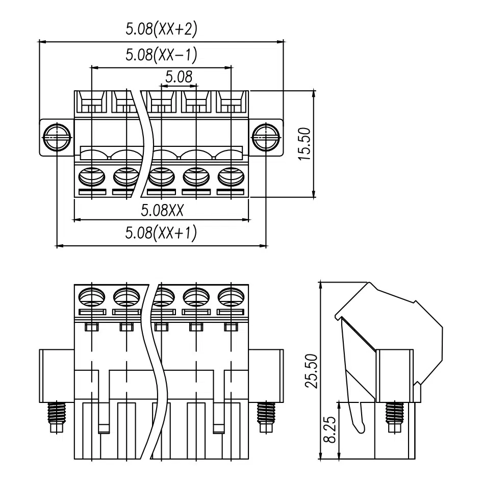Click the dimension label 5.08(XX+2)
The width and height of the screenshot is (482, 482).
click(161, 29)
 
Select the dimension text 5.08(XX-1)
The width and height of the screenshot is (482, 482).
click(161, 55)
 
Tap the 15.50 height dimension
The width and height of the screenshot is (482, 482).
click(305, 144)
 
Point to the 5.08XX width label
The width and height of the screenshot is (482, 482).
click(162, 211)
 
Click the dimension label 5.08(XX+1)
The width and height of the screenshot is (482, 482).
click(161, 233)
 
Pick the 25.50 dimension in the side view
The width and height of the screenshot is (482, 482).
click(311, 371)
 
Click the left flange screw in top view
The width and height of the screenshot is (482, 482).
click(57, 137)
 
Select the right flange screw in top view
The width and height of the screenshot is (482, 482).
click(266, 137)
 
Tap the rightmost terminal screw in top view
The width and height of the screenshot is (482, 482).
click(231, 177)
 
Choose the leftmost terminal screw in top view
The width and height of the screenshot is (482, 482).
click(92, 177)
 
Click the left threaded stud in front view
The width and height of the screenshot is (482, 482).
click(57, 417)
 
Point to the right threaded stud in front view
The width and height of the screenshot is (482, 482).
click(266, 417)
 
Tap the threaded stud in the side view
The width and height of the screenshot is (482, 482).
click(395, 417)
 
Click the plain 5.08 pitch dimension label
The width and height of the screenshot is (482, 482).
click(179, 77)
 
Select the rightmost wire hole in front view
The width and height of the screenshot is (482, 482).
click(231, 297)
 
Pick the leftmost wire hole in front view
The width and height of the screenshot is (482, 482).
click(92, 297)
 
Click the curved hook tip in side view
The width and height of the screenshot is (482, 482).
click(361, 430)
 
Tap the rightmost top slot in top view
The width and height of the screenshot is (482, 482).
click(231, 102)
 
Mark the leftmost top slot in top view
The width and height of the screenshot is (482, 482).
click(92, 102)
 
